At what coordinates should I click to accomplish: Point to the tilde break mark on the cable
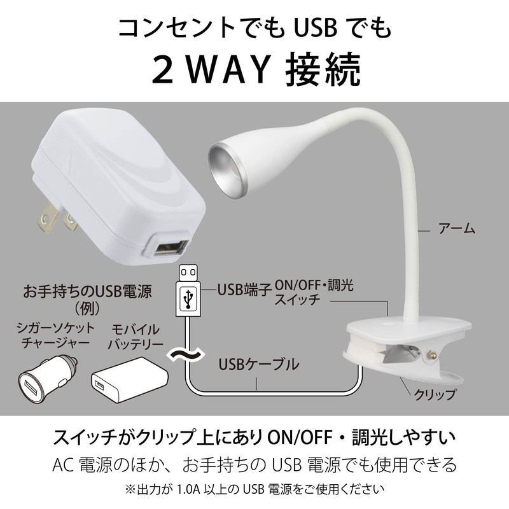coord(183,354)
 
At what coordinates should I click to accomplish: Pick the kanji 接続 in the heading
coord(324,69)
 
